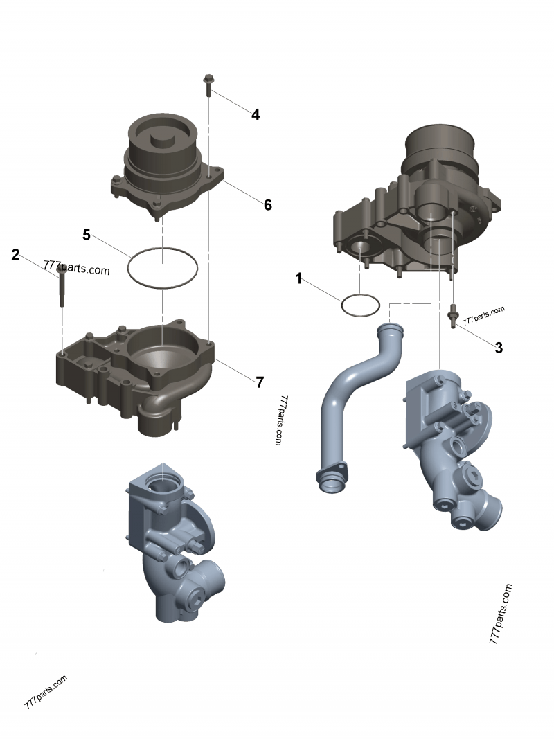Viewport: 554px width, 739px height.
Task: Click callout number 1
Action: [x=298, y=279]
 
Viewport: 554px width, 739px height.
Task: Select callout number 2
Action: [x=15, y=255]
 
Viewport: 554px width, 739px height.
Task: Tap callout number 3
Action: [x=499, y=348]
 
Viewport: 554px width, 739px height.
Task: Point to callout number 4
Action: [x=256, y=114]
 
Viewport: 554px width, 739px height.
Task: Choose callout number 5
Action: [x=87, y=235]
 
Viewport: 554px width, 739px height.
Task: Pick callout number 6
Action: [x=267, y=204]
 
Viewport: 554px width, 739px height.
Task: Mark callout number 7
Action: [x=260, y=382]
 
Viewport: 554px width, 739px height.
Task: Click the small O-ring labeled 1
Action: [x=360, y=305]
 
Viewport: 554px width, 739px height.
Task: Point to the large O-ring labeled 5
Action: [x=163, y=267]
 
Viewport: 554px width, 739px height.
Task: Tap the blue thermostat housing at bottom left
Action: [x=173, y=540]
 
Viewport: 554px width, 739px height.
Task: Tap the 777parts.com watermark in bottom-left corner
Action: [x=46, y=691]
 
